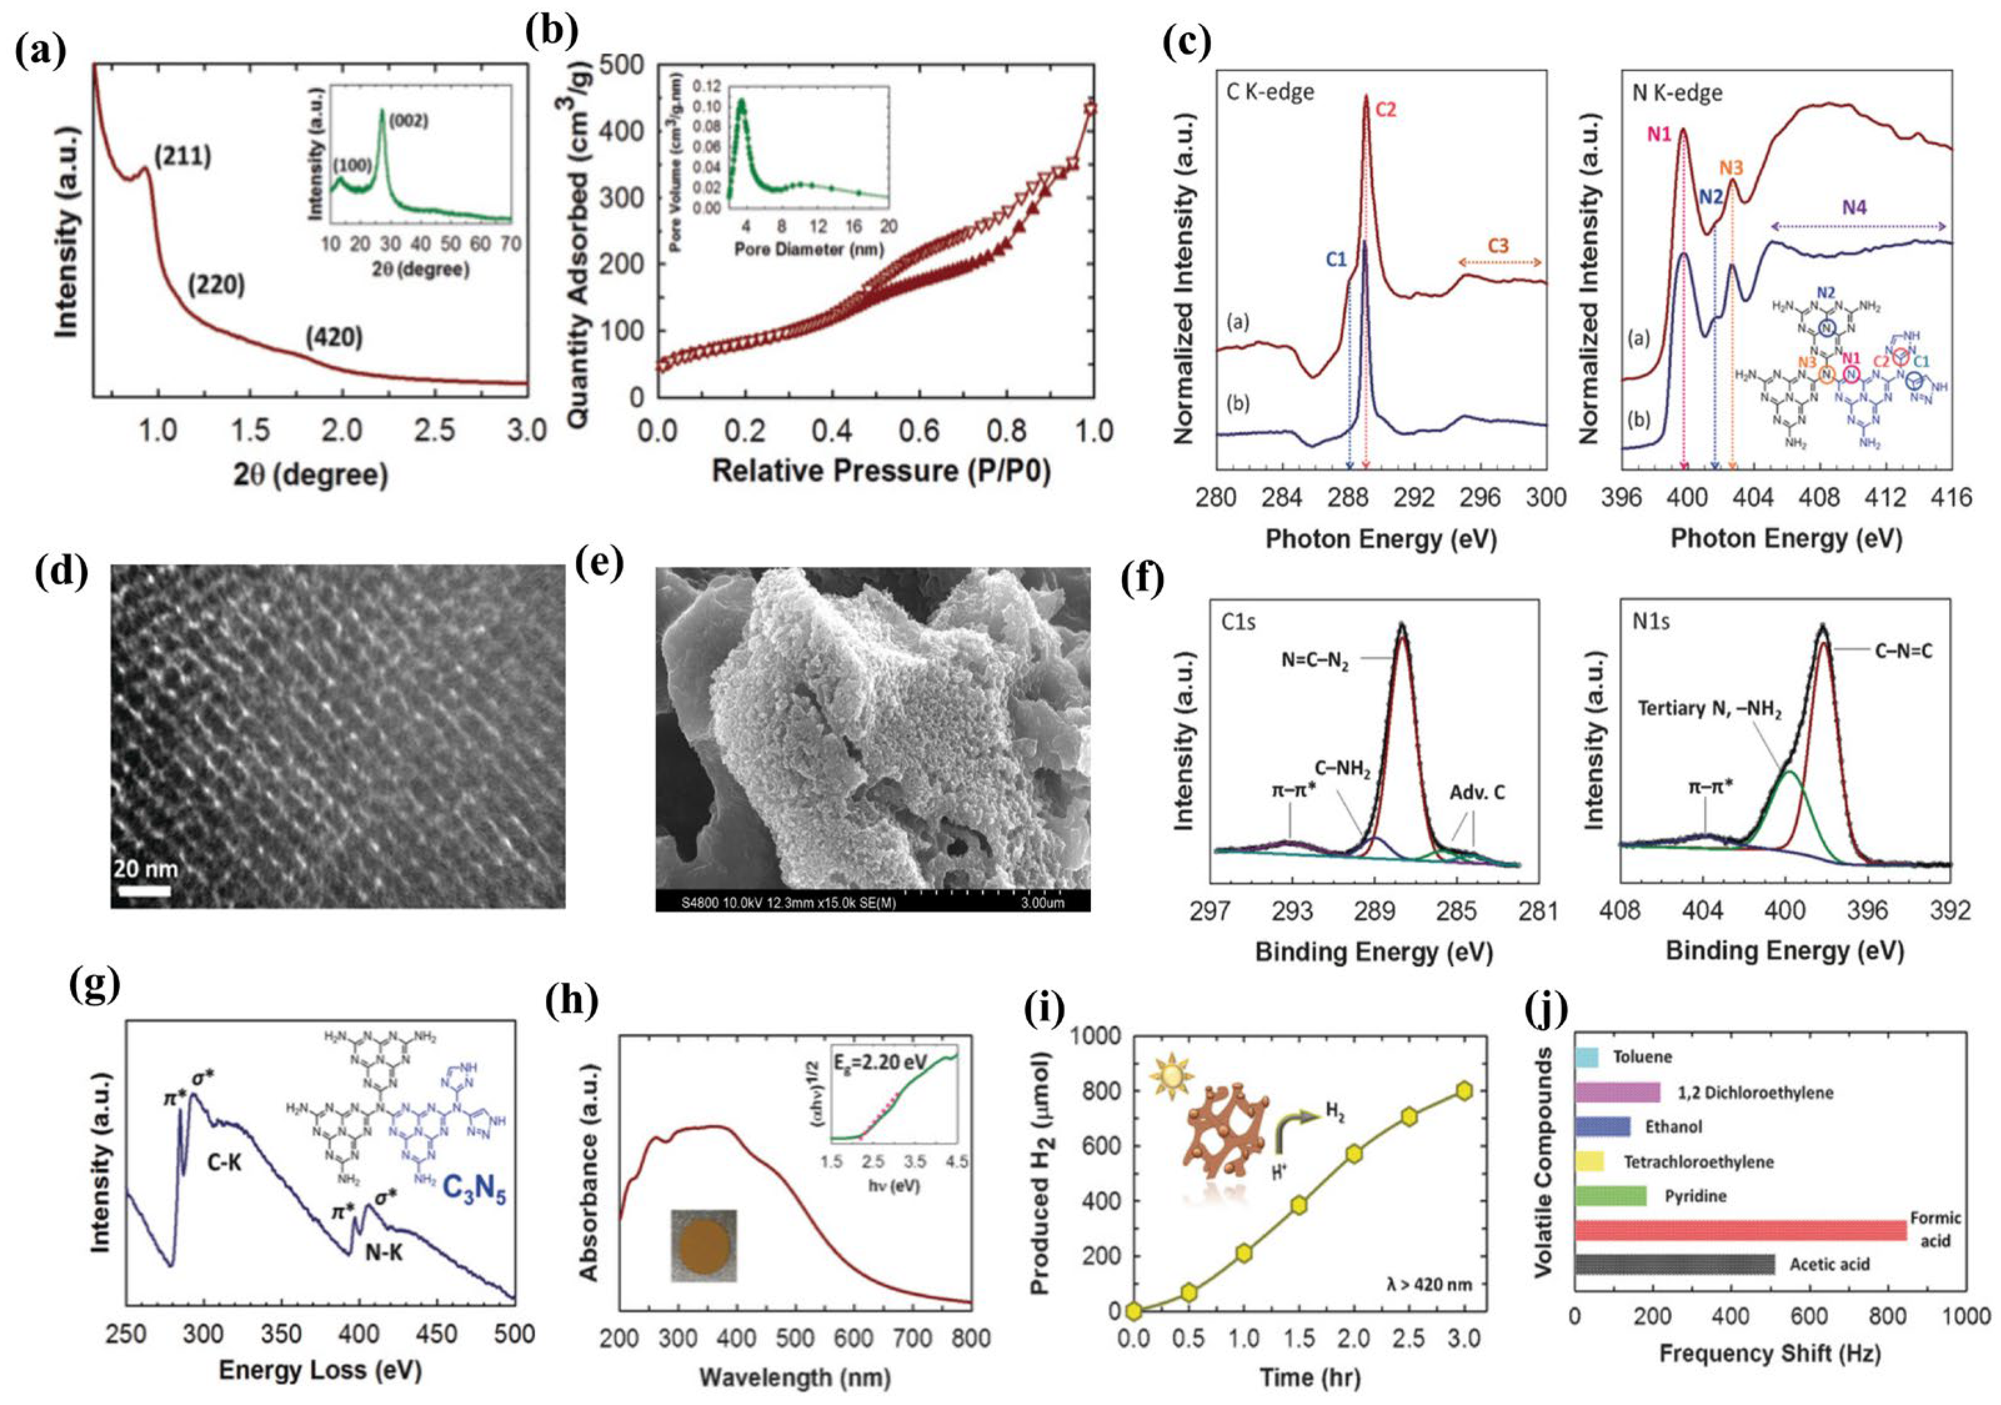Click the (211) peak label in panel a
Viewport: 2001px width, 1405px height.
pyautogui.click(x=182, y=157)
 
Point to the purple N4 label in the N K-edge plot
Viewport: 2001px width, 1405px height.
pyautogui.click(x=1854, y=208)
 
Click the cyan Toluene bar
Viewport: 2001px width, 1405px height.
pyautogui.click(x=1586, y=1057)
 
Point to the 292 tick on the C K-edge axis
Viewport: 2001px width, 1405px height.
pyautogui.click(x=1414, y=497)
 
